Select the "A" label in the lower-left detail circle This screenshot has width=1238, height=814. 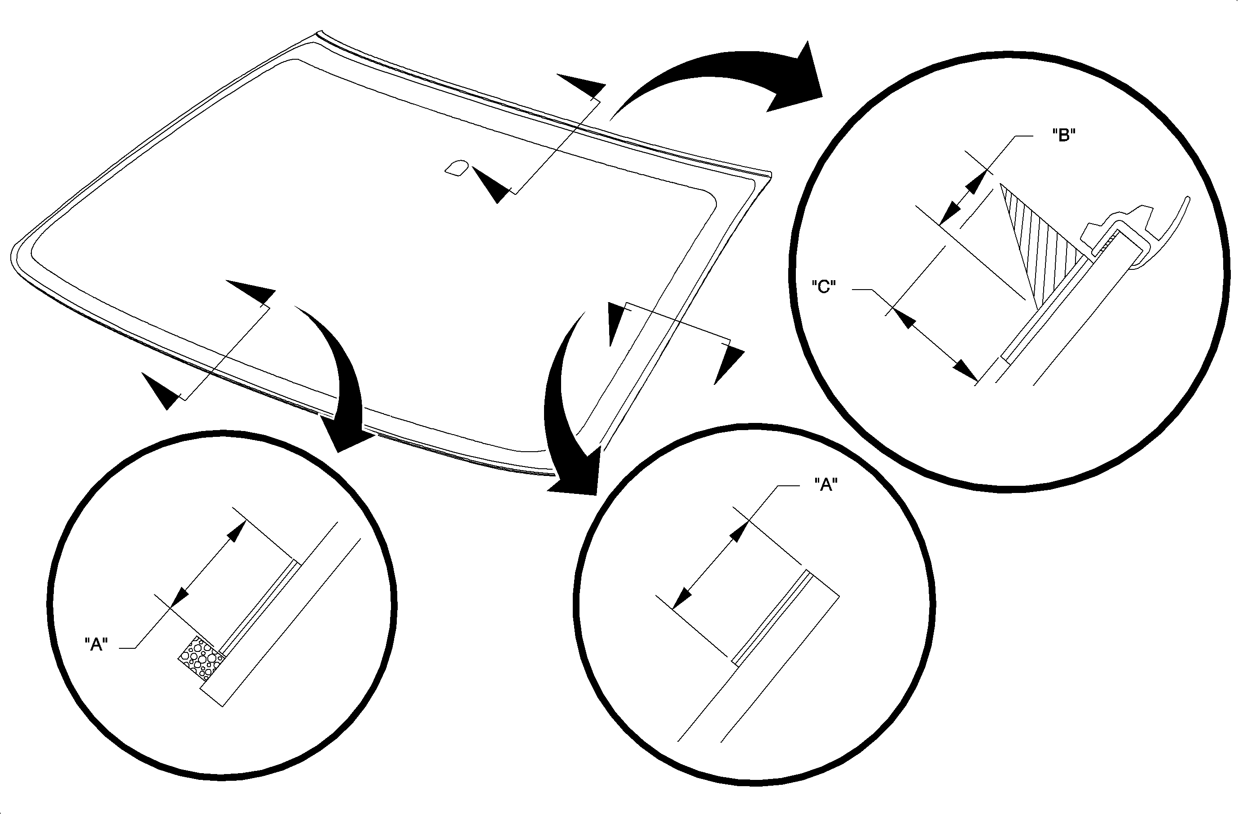pos(96,644)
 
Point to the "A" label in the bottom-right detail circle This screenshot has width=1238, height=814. pos(825,485)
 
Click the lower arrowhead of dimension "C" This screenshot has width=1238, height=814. pos(966,371)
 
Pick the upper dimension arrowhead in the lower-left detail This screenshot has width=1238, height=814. pos(237,531)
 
